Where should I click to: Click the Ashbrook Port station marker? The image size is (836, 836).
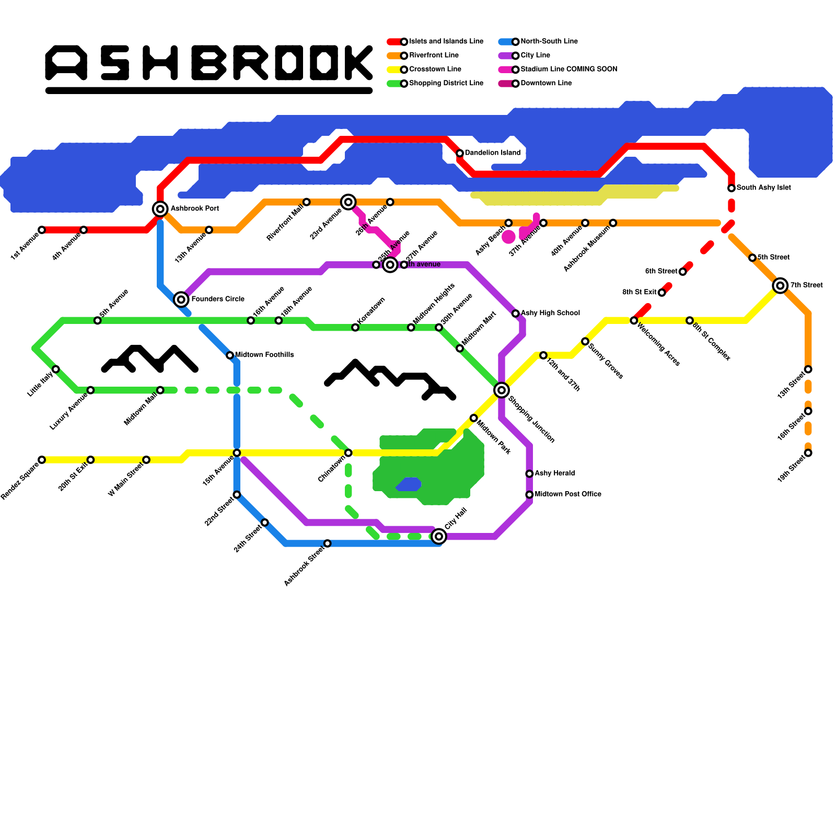coord(160,209)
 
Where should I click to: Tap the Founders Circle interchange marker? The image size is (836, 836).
coord(181,299)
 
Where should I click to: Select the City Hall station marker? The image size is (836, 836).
coord(439,536)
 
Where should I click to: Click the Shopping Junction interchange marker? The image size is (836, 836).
coord(502,390)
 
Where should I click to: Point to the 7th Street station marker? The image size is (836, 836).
coord(780,285)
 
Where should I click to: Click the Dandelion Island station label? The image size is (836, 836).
coord(493,153)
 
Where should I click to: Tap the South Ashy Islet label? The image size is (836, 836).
coord(763,188)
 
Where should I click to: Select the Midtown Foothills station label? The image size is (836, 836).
coord(264,355)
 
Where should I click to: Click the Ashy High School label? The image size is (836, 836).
coord(550,313)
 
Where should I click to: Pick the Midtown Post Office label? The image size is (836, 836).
coord(568,494)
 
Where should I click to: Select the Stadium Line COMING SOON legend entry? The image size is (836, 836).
coord(568,69)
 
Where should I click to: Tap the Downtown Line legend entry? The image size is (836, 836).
coord(546,84)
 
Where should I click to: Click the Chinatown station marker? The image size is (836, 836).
coord(349,452)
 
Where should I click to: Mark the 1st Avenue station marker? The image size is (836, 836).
coord(42,230)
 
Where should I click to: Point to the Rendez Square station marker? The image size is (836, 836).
coord(42,460)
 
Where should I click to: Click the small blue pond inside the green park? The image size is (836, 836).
coord(409,484)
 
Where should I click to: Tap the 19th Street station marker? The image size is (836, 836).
coord(808,453)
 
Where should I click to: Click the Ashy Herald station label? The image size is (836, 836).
coord(554,473)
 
